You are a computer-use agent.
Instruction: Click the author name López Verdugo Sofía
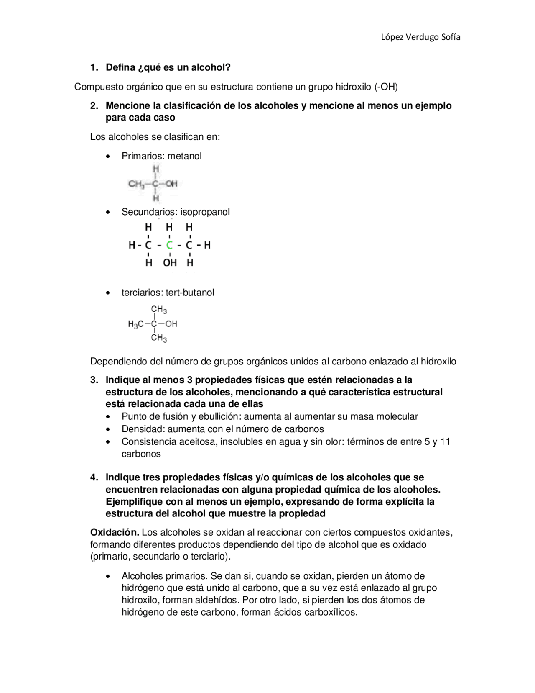tap(420, 37)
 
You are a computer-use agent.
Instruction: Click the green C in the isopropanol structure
tap(169, 245)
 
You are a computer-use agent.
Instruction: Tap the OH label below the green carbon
tap(170, 263)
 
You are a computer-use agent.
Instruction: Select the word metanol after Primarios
tap(184, 156)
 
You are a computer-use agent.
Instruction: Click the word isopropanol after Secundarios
tap(205, 212)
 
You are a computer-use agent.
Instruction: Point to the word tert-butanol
tap(190, 293)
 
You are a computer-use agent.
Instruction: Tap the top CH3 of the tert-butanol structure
tap(159, 310)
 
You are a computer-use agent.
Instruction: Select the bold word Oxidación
tap(115, 532)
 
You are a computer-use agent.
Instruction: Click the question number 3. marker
tap(94, 380)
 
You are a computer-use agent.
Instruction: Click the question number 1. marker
tap(94, 67)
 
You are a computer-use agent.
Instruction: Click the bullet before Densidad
tap(109, 429)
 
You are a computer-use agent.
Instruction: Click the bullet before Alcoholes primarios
tap(109, 576)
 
